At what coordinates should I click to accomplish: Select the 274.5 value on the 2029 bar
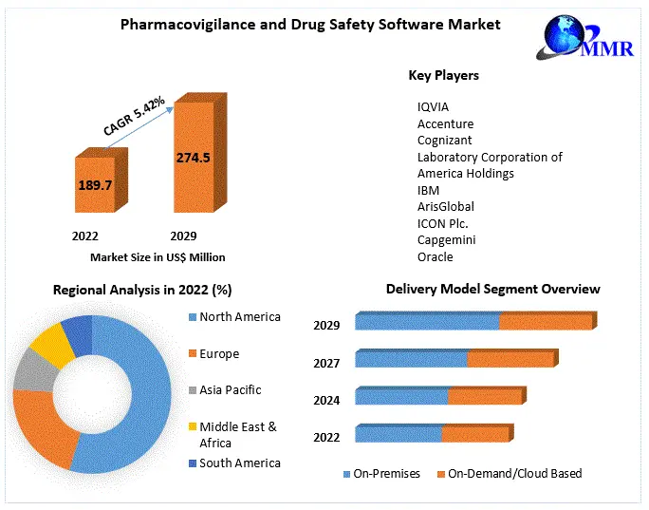point(193,158)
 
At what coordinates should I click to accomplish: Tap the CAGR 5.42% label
point(134,115)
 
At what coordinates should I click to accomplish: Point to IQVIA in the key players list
point(435,107)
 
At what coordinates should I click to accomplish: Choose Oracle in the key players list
point(436,256)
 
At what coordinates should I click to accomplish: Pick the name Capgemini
point(447,240)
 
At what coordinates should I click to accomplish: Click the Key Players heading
point(443,75)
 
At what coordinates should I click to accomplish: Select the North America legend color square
point(193,317)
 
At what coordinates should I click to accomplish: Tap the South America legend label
point(240,463)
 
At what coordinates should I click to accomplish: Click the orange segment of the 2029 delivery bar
point(544,322)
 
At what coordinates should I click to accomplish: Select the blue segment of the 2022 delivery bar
point(399,434)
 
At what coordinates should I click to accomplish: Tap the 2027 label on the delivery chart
point(326,363)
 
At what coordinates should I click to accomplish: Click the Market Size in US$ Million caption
point(158,256)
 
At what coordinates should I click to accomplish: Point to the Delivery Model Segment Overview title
point(492,289)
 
